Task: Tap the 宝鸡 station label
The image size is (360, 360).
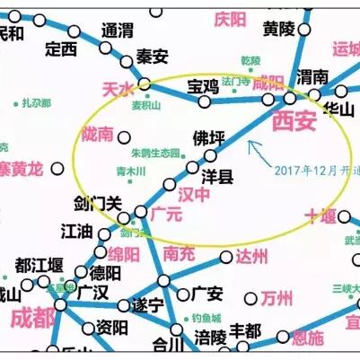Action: tap(202, 87)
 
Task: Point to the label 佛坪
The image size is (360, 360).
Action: tap(209, 139)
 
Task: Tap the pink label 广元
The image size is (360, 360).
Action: tap(166, 215)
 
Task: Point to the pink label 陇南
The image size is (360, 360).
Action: tap(97, 135)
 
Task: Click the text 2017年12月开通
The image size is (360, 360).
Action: tap(306, 170)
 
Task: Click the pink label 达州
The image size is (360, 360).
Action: tap(251, 258)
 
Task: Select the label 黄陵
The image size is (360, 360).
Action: tap(279, 29)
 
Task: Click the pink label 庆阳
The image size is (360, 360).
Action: tap(230, 19)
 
